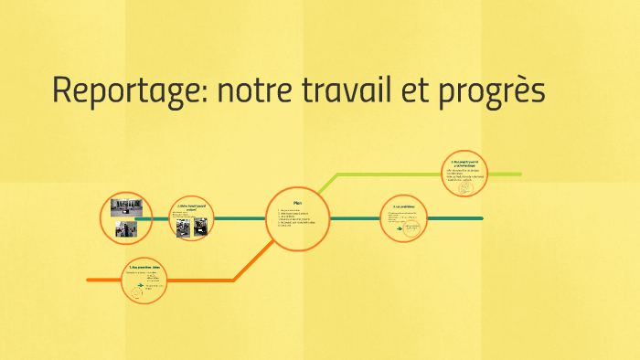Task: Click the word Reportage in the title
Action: click(129, 91)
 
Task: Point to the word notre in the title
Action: click(257, 91)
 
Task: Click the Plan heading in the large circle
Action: click(297, 202)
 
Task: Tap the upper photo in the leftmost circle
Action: click(125, 207)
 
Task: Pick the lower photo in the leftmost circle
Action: click(125, 228)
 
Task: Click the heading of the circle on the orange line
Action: click(145, 267)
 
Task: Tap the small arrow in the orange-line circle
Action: click(140, 286)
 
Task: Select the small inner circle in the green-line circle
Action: click(466, 185)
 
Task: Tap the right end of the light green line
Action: click(520, 174)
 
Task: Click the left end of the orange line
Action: click(89, 280)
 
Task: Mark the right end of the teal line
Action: click(481, 218)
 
